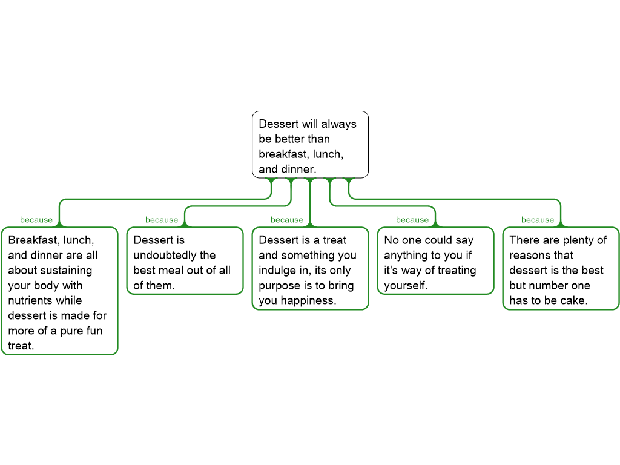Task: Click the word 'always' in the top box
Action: point(338,124)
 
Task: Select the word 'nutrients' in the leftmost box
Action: point(29,300)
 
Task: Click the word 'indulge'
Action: point(277,270)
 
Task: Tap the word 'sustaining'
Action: point(66,270)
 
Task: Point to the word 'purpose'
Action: point(280,285)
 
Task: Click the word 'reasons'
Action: point(533,255)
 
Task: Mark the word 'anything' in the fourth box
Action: point(406,255)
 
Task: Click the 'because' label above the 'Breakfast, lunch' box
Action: point(36,220)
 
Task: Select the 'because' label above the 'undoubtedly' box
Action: point(162,220)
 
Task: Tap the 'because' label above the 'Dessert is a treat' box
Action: point(287,220)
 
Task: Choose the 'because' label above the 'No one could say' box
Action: point(412,220)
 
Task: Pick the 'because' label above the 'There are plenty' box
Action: point(538,220)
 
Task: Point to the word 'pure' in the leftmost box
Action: point(76,331)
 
